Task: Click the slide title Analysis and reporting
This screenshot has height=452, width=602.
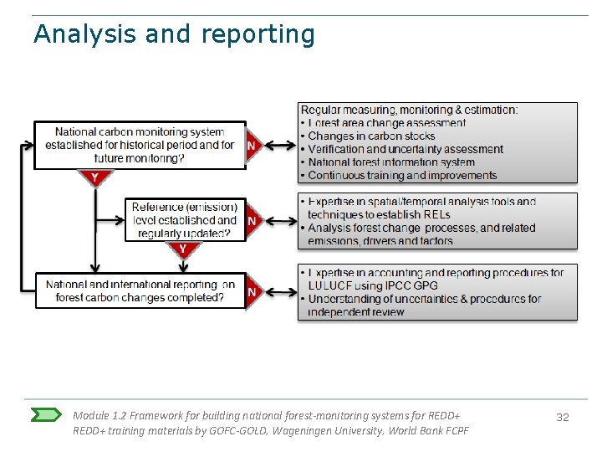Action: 174,34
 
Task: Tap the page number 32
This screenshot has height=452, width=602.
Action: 563,417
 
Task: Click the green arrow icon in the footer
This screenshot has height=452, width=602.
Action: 47,415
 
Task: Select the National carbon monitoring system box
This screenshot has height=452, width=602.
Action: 140,145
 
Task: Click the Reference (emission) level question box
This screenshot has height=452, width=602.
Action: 185,220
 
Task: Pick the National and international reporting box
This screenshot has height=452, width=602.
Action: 140,291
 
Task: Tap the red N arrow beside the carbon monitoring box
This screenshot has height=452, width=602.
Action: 252,145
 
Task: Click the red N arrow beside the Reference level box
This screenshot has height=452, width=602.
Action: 252,220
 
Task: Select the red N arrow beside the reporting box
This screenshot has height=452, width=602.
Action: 252,291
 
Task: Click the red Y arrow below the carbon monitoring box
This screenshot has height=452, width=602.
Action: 94,177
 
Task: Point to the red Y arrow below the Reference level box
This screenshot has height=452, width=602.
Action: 182,249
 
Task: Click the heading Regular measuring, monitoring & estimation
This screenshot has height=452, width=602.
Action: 409,110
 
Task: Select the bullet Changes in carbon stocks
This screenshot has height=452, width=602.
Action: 371,136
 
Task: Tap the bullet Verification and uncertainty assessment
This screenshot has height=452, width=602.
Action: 405,149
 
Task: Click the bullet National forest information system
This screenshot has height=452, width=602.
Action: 390,162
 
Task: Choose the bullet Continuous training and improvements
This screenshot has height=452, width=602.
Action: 401,176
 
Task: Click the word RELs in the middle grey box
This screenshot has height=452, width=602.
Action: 436,214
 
